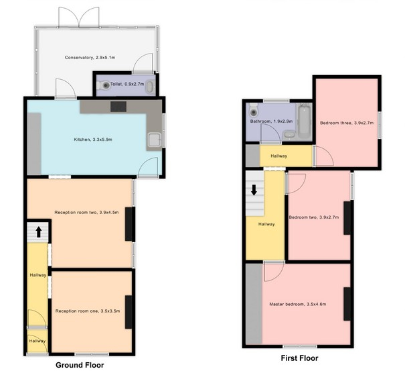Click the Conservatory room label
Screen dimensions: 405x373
click(90, 58)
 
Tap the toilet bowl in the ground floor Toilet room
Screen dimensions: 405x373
click(104, 85)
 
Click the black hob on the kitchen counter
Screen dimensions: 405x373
click(118, 107)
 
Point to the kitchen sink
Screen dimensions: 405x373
click(155, 140)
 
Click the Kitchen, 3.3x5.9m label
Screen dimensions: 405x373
click(93, 140)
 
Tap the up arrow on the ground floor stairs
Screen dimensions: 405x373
click(39, 232)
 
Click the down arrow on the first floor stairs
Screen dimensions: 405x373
click(254, 190)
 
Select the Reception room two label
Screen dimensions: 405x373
click(86, 213)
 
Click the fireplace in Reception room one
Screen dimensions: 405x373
click(129, 312)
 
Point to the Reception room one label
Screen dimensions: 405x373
click(88, 311)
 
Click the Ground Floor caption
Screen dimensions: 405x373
click(80, 365)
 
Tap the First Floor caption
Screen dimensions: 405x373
click(299, 358)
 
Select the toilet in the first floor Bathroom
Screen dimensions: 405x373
click(254, 110)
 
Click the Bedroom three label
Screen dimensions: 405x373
click(347, 123)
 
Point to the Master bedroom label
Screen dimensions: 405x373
click(297, 304)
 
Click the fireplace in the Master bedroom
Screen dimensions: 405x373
click(347, 304)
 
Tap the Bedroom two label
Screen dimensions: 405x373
click(313, 217)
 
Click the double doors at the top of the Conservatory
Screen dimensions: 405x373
click(79, 17)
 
